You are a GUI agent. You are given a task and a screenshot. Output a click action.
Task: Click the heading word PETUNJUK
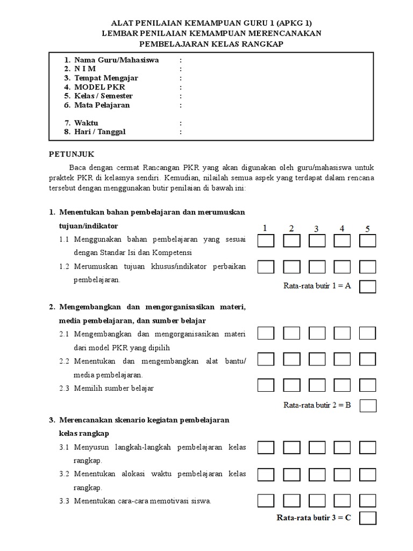(x=72, y=153)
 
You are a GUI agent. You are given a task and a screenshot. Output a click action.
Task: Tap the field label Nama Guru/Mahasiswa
(x=116, y=60)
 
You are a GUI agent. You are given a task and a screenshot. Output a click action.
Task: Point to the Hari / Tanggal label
(x=99, y=132)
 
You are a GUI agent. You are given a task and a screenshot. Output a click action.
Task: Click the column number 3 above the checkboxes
(x=316, y=229)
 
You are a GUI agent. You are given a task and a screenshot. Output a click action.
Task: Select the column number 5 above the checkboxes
(x=368, y=229)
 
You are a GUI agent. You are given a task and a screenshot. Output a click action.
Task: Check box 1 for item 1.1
(x=266, y=241)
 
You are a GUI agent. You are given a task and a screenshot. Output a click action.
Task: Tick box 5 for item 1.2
(x=368, y=267)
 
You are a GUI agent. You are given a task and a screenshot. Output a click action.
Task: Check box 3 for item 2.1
(x=317, y=334)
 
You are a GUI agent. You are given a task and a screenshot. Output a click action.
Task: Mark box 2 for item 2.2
(x=291, y=359)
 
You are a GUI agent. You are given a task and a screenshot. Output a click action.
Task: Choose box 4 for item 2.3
(x=342, y=385)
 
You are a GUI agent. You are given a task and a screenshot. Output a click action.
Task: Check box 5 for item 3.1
(x=368, y=448)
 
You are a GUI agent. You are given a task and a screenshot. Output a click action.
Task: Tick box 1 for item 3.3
(x=266, y=500)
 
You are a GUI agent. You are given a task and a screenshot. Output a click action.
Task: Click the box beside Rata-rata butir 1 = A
(x=368, y=286)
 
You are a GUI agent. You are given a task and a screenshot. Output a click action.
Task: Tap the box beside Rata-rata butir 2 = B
(x=368, y=405)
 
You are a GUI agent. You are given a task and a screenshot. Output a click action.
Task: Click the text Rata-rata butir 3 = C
(x=314, y=518)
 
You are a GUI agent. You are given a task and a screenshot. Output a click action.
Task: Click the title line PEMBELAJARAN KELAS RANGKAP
(x=210, y=43)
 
